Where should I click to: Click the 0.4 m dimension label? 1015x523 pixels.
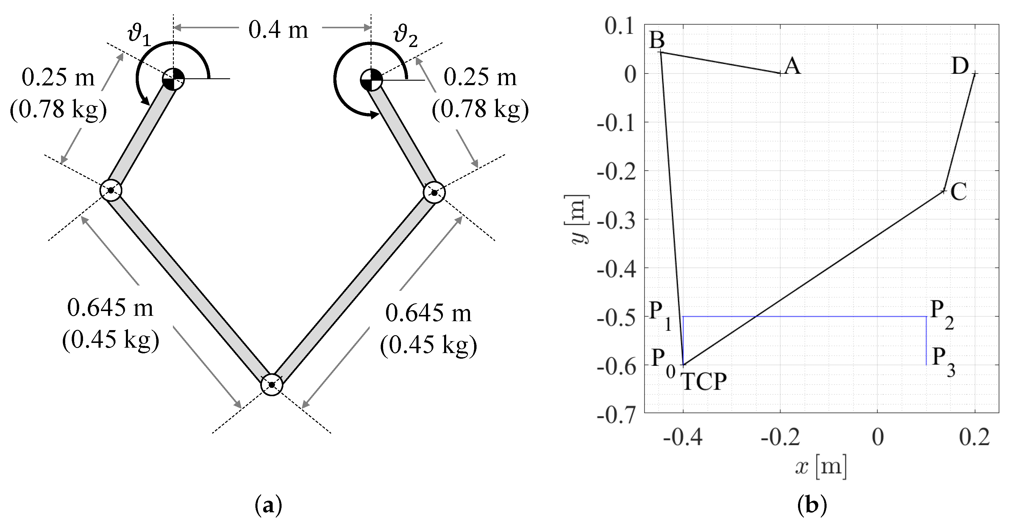pyautogui.click(x=278, y=30)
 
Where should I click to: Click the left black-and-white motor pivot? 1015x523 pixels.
pyautogui.click(x=173, y=79)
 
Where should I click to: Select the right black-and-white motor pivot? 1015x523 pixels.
pyautogui.click(x=371, y=79)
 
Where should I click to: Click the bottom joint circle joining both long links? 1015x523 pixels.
pyautogui.click(x=272, y=384)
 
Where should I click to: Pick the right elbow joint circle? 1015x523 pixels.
pyautogui.click(x=434, y=193)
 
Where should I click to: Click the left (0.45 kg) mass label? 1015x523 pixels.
pyautogui.click(x=110, y=340)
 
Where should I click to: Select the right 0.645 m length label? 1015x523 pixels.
pyautogui.click(x=428, y=314)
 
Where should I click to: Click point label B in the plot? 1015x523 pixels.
pyautogui.click(x=657, y=40)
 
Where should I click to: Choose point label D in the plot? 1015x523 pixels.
pyautogui.click(x=960, y=66)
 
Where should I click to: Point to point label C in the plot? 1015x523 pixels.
pyautogui.click(x=958, y=192)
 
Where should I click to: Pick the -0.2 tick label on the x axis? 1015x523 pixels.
pyautogui.click(x=780, y=438)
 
